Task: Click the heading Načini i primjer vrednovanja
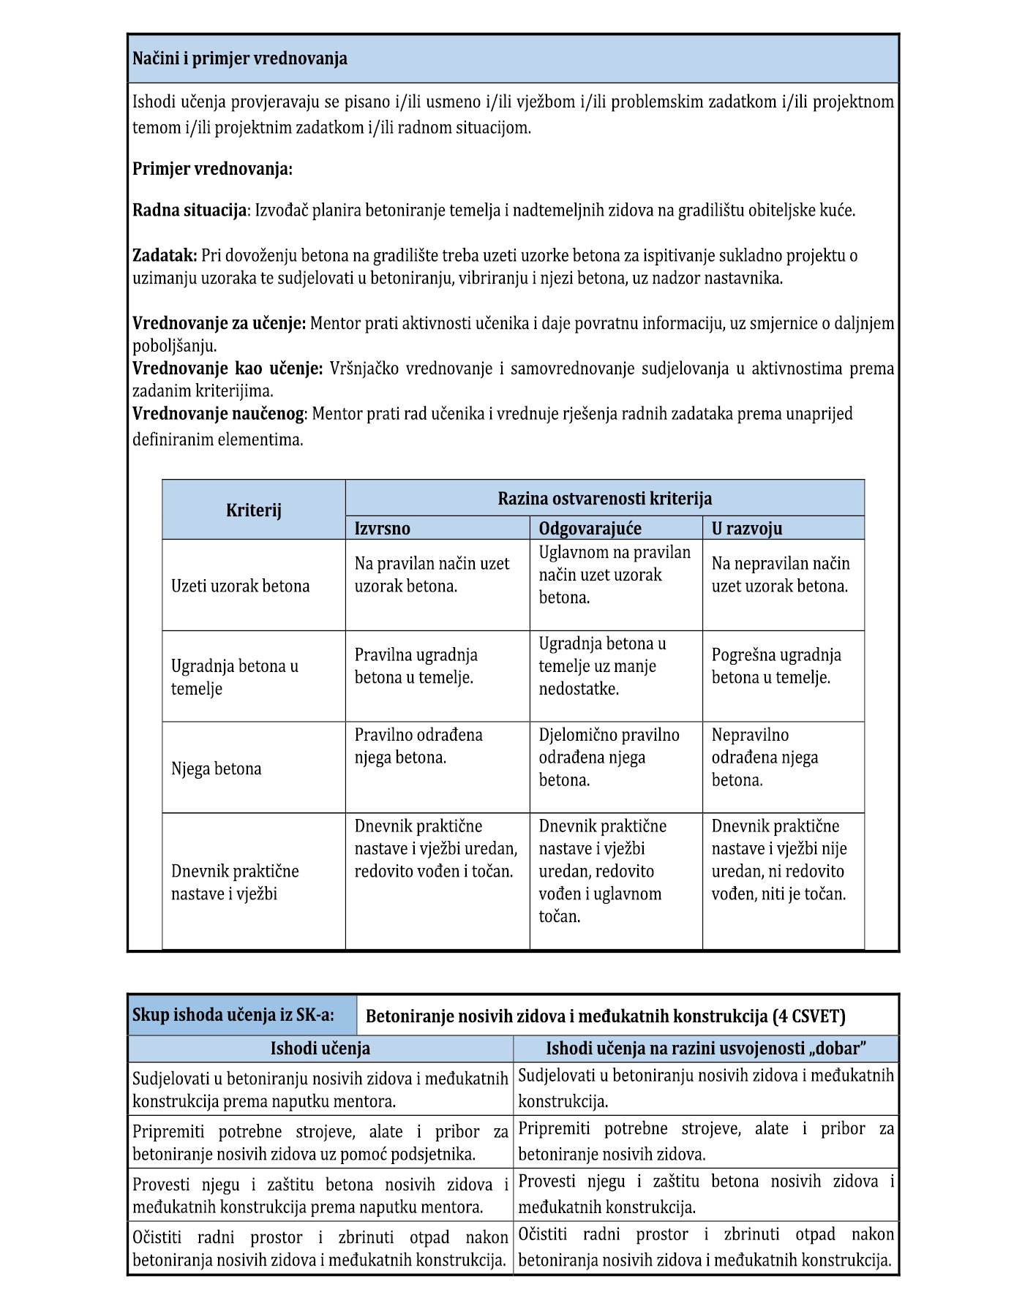(x=240, y=58)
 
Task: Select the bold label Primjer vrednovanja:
(x=212, y=169)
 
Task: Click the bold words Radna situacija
(x=189, y=211)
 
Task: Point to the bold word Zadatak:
(x=165, y=255)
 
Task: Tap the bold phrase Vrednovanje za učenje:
(x=219, y=323)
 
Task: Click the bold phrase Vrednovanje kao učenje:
(x=227, y=369)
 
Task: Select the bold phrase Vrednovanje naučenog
(x=218, y=414)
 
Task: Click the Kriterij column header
(x=254, y=510)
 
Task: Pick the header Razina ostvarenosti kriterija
(x=604, y=499)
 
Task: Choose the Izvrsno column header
(x=383, y=529)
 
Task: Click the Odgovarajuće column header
(x=590, y=529)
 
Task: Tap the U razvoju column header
(x=747, y=529)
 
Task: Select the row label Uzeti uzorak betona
(x=240, y=586)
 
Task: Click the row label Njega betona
(x=216, y=769)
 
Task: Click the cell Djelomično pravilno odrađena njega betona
(x=609, y=758)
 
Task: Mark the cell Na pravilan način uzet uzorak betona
(x=432, y=575)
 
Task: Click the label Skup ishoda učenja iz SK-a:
(x=233, y=1015)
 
